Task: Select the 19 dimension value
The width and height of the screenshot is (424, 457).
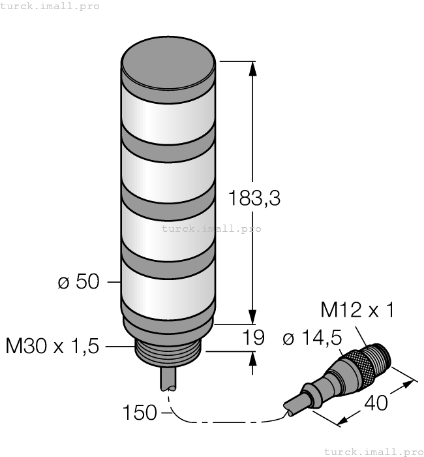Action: tap(254, 338)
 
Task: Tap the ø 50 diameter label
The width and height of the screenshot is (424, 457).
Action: tap(78, 282)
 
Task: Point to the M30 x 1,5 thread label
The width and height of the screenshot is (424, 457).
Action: tap(52, 346)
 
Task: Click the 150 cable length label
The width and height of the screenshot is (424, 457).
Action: tap(140, 413)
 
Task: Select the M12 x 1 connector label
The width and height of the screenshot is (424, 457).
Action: tap(357, 309)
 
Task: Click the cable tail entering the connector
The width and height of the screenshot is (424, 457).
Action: tap(294, 405)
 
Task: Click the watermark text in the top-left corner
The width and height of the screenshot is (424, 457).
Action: tap(50, 6)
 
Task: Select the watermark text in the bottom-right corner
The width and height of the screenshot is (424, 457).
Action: tap(373, 450)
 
